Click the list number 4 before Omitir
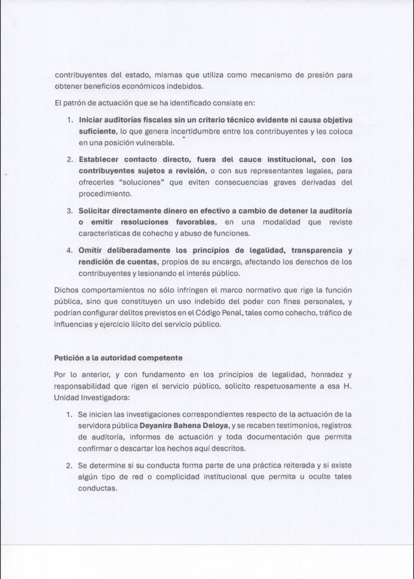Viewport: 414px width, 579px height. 69,250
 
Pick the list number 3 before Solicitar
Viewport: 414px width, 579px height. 69,211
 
